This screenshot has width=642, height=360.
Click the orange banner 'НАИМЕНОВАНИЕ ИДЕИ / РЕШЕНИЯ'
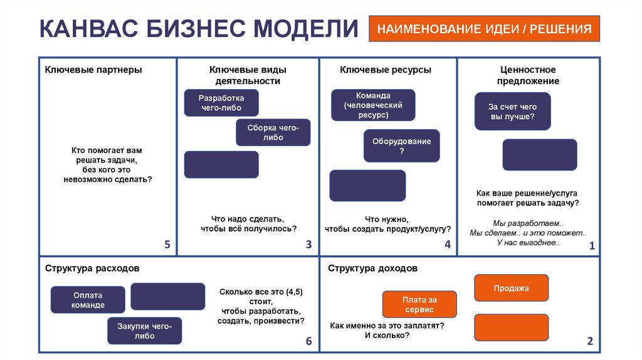click(484, 29)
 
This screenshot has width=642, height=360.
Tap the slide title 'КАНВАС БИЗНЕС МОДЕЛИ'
click(199, 29)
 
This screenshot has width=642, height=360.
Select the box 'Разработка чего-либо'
click(221, 103)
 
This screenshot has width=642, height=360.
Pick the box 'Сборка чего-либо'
click(273, 132)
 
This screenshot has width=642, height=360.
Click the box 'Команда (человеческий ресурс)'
click(373, 105)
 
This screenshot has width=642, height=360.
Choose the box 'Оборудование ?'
click(401, 146)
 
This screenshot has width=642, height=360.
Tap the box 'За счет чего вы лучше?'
click(512, 112)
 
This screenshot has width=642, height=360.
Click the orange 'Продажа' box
click(511, 288)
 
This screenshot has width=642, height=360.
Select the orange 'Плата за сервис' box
click(419, 304)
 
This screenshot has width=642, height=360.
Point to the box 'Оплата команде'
click(88, 300)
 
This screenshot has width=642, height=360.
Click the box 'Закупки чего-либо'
click(144, 331)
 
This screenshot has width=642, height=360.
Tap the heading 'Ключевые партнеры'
click(93, 70)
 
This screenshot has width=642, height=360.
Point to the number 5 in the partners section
click(167, 245)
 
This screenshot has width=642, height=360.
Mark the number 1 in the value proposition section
click(591, 246)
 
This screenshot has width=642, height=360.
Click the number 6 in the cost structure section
click(308, 341)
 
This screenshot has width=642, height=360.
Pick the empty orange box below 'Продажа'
click(511, 327)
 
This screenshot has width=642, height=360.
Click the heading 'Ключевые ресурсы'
click(386, 70)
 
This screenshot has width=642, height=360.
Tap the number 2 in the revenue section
click(589, 341)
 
